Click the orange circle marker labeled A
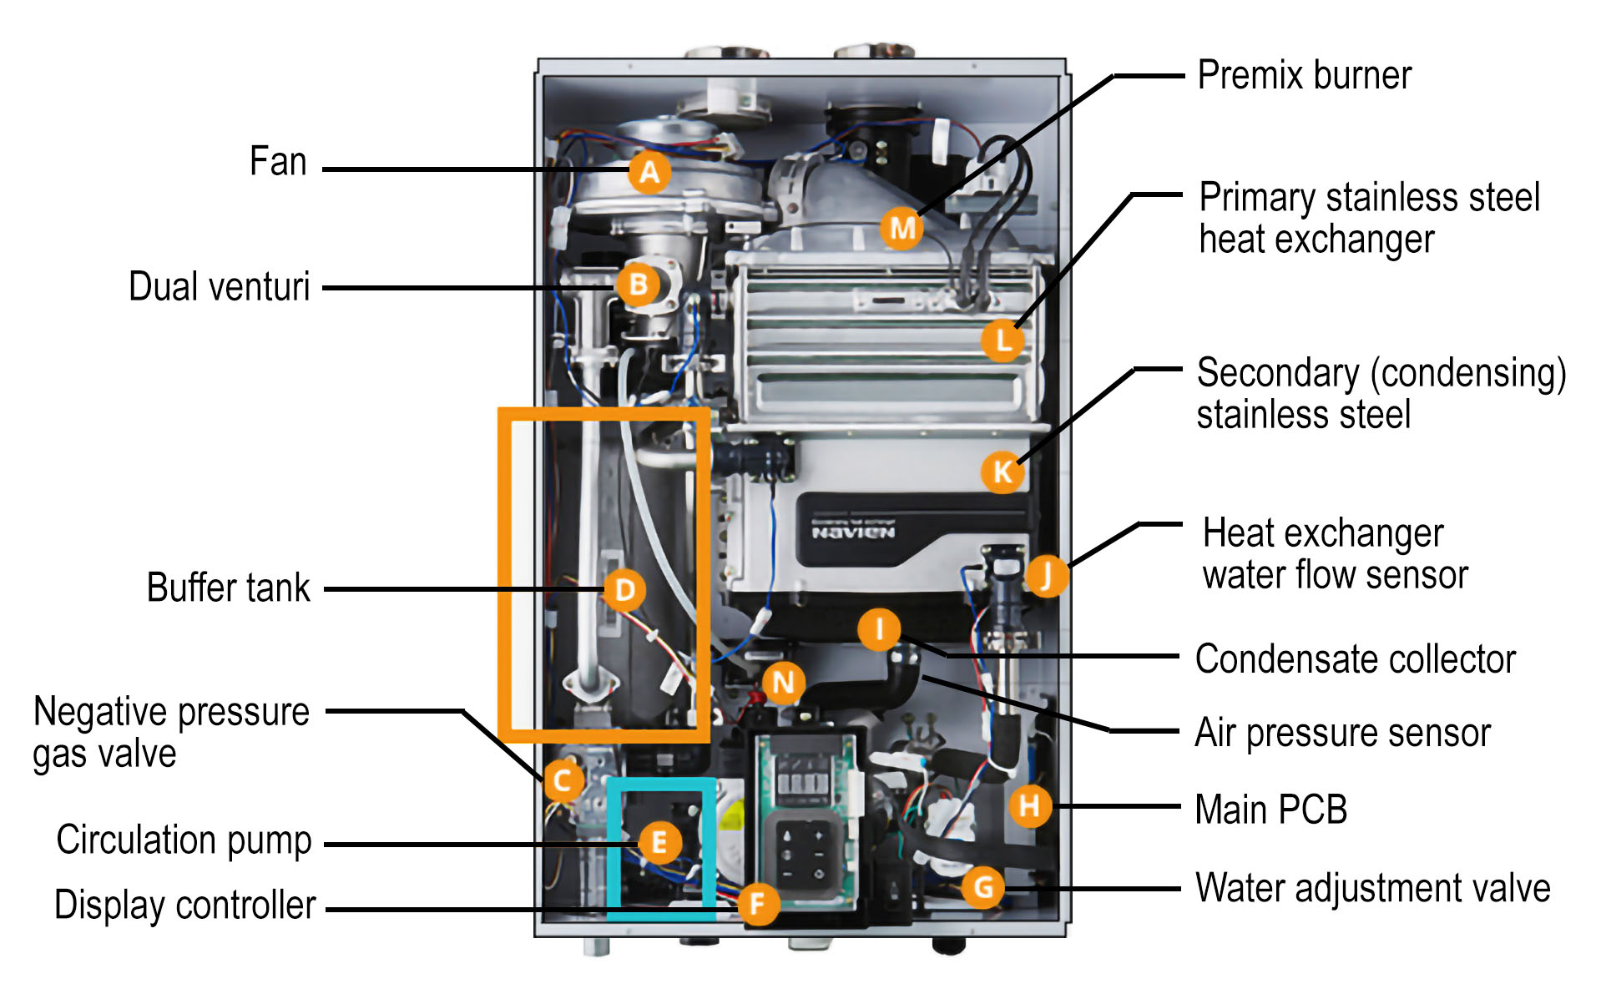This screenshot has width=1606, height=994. [x=649, y=172]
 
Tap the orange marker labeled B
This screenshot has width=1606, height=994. [x=639, y=285]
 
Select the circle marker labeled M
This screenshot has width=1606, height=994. [x=902, y=228]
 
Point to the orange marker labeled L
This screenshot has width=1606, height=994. [x=1002, y=340]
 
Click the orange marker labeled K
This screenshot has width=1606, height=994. [x=1002, y=472]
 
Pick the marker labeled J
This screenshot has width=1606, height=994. [x=1046, y=576]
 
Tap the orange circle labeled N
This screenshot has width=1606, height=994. [x=783, y=683]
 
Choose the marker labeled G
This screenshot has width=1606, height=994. [x=983, y=887]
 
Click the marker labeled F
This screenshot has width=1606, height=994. [x=758, y=903]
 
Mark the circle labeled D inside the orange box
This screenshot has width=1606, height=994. [x=624, y=590]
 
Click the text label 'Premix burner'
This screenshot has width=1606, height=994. [x=1304, y=75]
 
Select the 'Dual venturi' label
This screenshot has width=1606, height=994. [x=219, y=287]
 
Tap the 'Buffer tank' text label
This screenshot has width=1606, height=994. [x=228, y=588]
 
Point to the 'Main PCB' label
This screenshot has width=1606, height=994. [x=1270, y=810]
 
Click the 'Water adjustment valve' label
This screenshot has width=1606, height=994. [x=1372, y=888]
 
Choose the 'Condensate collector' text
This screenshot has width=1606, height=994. [x=1355, y=659]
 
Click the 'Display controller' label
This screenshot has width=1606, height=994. [x=184, y=906]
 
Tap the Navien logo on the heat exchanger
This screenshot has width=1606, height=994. [x=853, y=532]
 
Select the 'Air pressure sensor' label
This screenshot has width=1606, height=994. [x=1342, y=733]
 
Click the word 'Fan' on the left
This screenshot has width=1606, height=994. [x=278, y=161]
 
